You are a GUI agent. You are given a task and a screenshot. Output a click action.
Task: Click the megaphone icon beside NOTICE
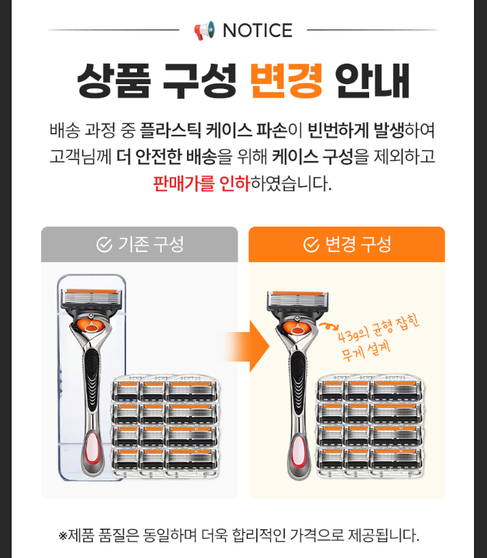204,30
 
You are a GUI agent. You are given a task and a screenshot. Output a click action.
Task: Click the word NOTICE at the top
258,30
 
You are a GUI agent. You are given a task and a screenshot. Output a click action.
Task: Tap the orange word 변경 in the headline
286,81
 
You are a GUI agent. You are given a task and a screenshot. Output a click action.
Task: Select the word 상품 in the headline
114,81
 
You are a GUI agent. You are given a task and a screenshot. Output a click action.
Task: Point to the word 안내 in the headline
373,81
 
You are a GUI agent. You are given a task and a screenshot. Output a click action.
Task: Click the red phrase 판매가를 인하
202,183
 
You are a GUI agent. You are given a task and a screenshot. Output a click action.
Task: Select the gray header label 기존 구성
151,244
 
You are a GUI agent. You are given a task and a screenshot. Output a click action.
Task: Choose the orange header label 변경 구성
358,244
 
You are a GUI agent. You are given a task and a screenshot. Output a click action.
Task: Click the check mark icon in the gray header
104,244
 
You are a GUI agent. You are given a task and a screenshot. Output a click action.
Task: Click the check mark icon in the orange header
311,244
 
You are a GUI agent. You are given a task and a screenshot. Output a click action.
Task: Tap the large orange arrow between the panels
245,346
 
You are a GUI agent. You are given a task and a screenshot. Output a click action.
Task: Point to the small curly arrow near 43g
329,326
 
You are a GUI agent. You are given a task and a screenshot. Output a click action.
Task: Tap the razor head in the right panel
297,301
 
